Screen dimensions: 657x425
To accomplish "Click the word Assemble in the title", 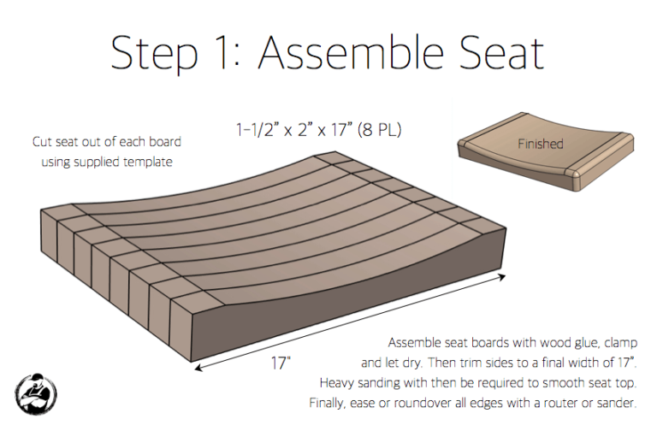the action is click(351, 53).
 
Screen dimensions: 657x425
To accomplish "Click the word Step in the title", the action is click(154, 56).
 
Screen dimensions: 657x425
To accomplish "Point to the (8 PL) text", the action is click(379, 130).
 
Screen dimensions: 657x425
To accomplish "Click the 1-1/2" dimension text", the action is click(257, 130).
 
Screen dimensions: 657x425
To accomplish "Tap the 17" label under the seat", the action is click(281, 363).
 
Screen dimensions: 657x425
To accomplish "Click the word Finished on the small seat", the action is click(540, 144).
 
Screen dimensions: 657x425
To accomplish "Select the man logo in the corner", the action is click(36, 394).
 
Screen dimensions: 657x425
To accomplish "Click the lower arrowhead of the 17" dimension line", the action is click(198, 367).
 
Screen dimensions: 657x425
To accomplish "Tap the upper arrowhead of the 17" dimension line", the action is click(501, 276).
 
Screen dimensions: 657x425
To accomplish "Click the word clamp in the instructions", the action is click(621, 343).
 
